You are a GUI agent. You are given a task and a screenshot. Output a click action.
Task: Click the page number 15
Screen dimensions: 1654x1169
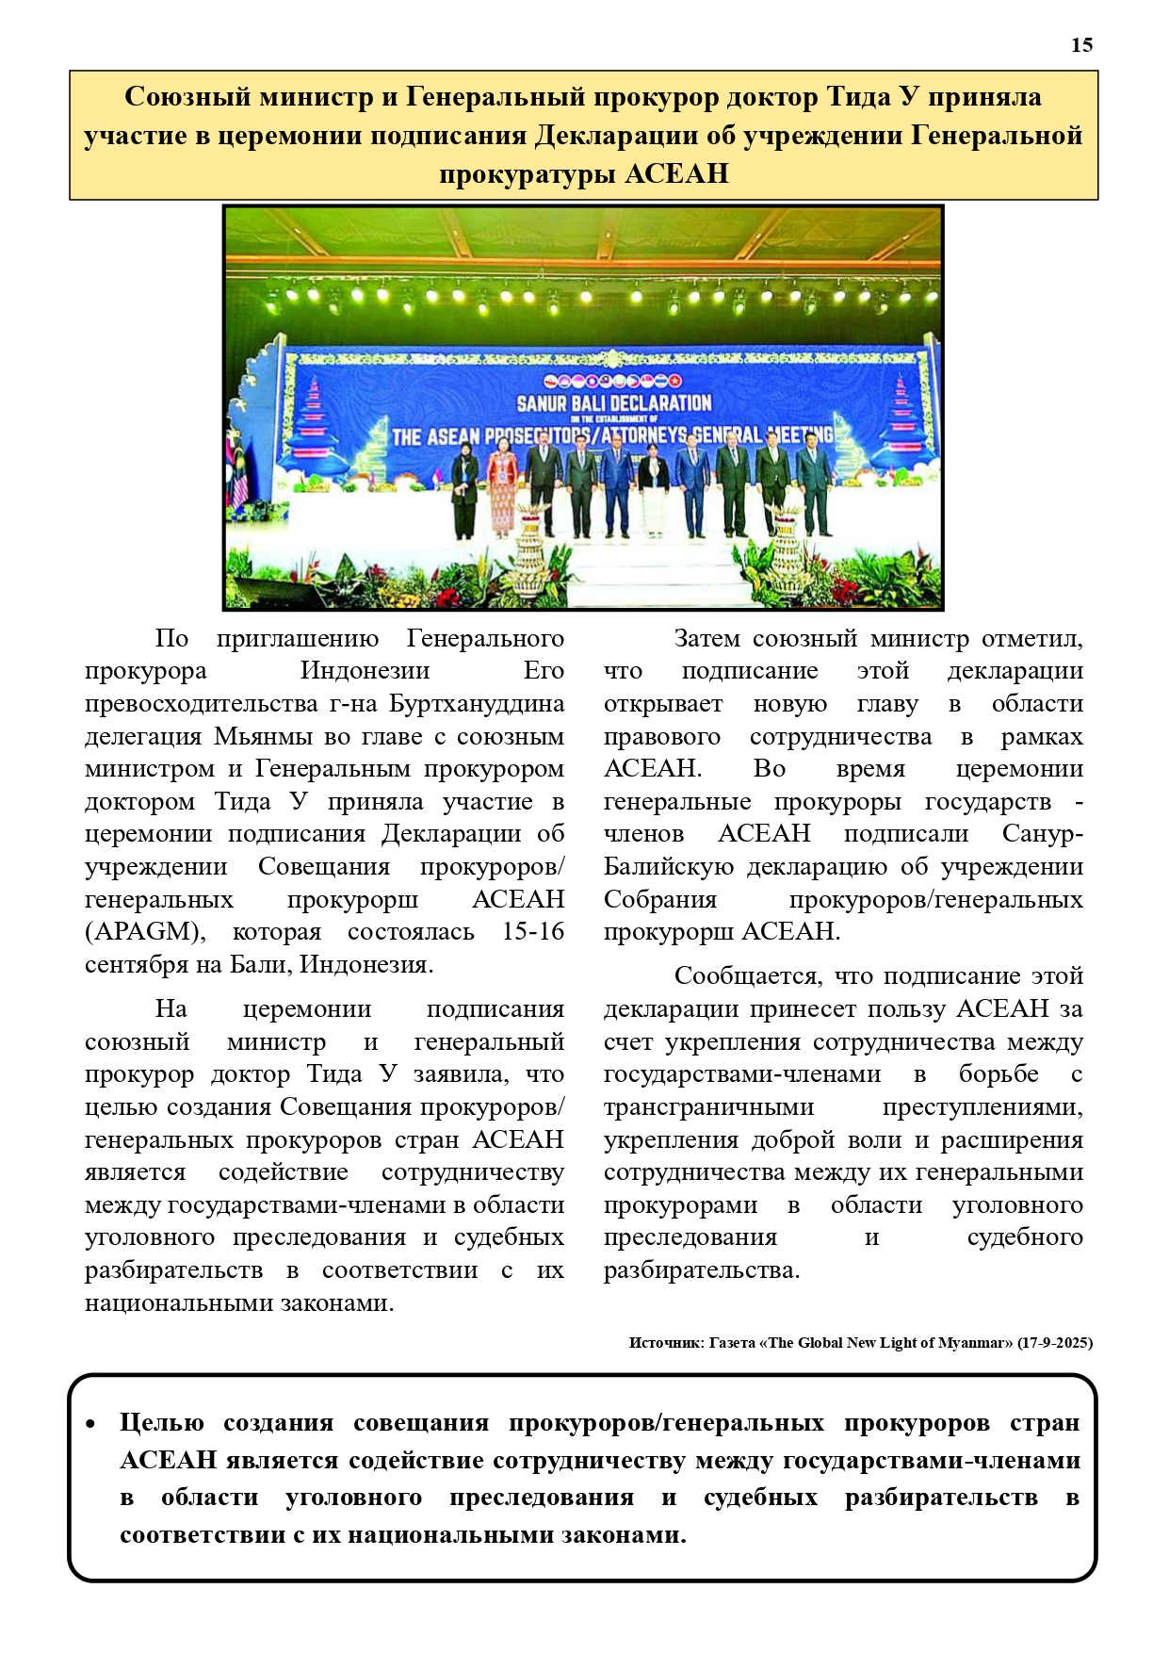coord(1081,45)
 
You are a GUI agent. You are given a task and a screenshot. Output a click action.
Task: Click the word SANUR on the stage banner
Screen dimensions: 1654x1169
coord(545,404)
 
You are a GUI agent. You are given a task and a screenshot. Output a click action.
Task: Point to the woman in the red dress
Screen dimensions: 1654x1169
coord(500,488)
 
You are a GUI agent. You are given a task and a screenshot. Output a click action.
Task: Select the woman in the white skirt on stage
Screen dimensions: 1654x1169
coord(653,492)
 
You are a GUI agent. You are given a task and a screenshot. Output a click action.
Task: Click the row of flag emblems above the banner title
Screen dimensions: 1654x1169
coord(614,382)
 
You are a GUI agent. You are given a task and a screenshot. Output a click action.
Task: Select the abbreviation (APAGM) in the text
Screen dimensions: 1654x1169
coord(143,932)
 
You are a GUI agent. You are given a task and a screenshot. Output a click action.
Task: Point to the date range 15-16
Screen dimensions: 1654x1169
coord(532,932)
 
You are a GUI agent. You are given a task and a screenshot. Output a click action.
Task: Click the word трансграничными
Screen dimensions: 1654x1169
coord(708,1106)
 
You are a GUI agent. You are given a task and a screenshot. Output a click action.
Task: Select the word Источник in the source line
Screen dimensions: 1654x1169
coord(666,1343)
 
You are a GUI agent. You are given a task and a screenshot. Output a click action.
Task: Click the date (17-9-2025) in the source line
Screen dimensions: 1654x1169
coord(1055,1343)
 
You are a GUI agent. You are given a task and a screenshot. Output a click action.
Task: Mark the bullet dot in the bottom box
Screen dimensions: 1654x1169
coord(90,1424)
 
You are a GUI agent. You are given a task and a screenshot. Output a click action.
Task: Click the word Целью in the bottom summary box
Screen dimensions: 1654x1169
coord(161,1423)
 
